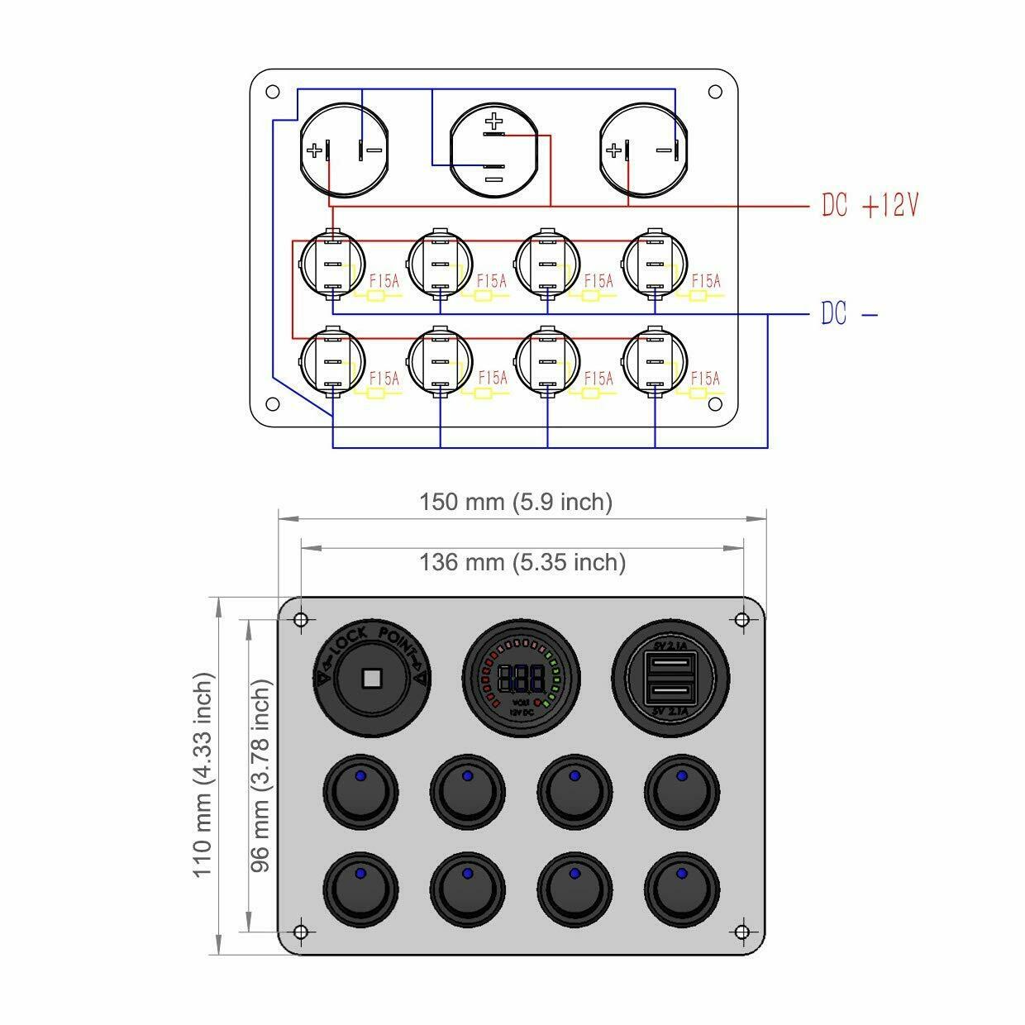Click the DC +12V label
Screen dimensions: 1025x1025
pos(870,205)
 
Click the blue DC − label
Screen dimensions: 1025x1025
pos(848,314)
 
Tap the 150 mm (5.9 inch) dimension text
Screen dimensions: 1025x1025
pos(516,502)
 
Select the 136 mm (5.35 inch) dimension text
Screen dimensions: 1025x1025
pos(522,562)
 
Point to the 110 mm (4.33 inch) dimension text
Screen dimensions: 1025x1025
pos(204,775)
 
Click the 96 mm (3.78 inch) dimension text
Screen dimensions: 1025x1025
pos(262,775)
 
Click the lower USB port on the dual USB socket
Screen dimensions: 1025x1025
pos(671,689)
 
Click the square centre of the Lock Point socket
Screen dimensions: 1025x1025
pos(371,679)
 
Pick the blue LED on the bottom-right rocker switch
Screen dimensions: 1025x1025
pos(681,873)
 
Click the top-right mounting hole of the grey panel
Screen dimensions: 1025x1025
pos(741,620)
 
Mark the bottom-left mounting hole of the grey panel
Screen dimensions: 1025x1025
pos(301,932)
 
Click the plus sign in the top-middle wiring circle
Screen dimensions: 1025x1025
pos(494,123)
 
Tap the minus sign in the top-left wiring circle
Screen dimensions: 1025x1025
pos(374,150)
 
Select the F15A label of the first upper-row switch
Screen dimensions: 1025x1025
pos(384,281)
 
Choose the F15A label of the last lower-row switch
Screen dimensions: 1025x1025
pos(705,378)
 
